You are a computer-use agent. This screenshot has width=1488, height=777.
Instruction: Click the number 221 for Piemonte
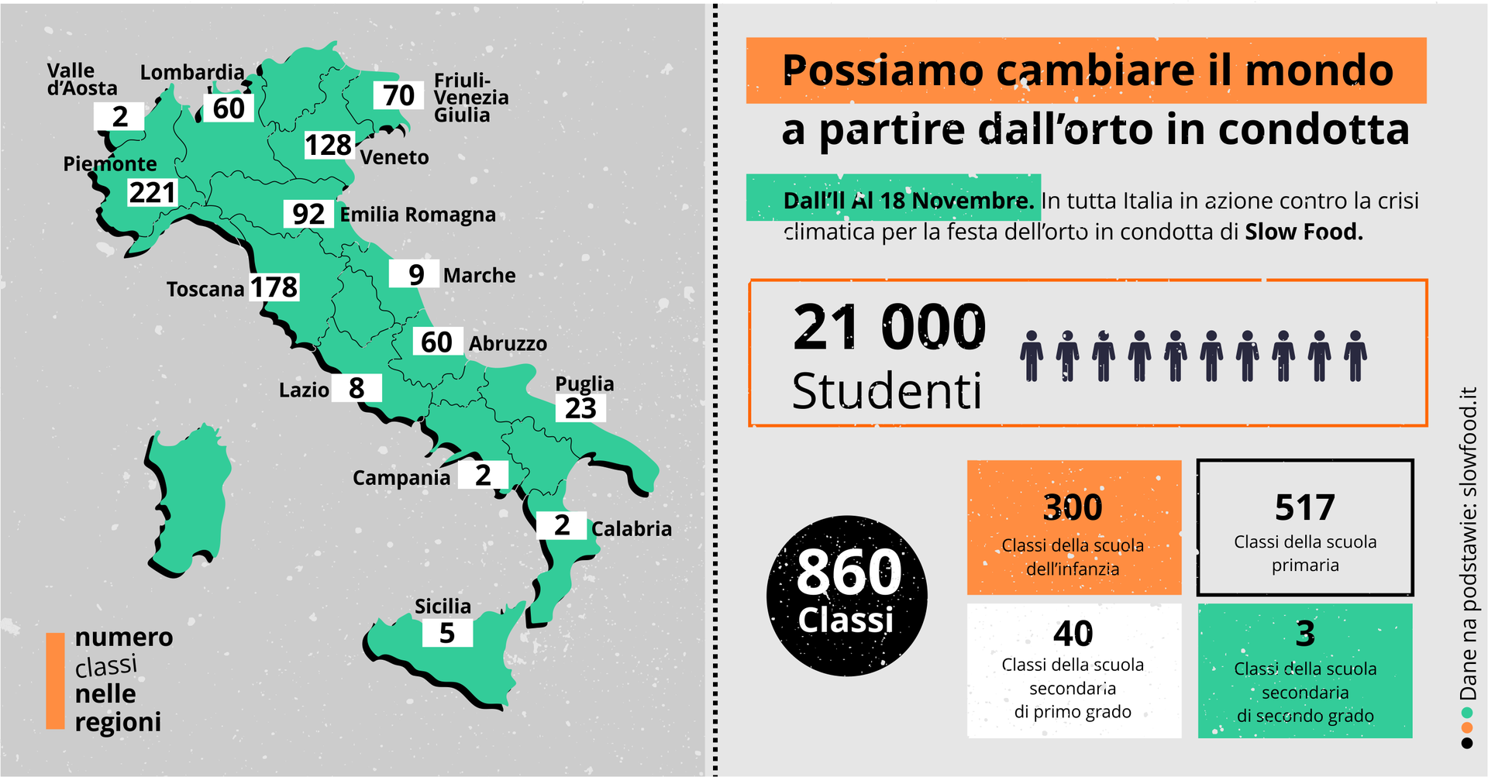[x=153, y=192]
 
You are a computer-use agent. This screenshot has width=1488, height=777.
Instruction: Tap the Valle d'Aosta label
[x=81, y=80]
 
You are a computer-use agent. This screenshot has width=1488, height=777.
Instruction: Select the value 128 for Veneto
[x=329, y=145]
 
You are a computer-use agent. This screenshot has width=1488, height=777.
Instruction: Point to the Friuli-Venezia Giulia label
[x=470, y=98]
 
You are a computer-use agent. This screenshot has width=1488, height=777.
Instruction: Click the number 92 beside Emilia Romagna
[x=308, y=214]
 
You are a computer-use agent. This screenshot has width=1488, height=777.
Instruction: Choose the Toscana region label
[x=205, y=289]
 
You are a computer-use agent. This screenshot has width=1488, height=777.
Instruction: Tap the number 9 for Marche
[x=416, y=274]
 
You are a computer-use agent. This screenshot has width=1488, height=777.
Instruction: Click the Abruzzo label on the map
[x=508, y=343]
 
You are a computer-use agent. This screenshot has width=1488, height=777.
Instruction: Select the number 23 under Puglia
[x=580, y=408]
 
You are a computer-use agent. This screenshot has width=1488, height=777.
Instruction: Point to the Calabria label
[x=631, y=528]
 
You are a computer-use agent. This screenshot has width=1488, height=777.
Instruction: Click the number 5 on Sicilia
[x=447, y=633]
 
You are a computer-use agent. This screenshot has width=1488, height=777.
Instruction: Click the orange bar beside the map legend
[x=55, y=681]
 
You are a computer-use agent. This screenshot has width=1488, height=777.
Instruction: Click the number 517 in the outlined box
[x=1305, y=508]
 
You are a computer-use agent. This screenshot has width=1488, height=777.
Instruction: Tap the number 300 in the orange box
[x=1073, y=507]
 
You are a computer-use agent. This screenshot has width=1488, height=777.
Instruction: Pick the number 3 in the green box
[x=1305, y=634]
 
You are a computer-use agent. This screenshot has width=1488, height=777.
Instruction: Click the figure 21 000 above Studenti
[x=890, y=328]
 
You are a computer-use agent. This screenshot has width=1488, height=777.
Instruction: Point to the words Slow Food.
[x=1304, y=232]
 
